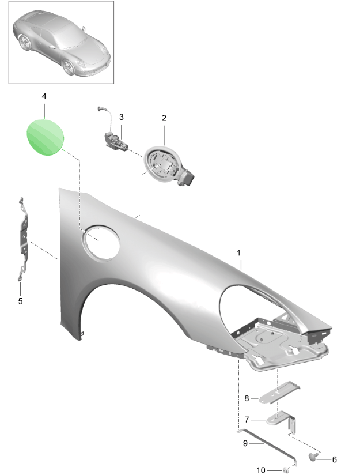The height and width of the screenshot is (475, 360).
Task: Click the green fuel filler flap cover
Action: pos(45,137)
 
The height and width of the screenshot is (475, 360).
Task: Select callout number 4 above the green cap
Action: pos(44,96)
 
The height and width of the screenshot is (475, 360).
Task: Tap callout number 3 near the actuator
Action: pos(122,117)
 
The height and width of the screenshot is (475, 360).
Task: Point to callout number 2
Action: pos(164,118)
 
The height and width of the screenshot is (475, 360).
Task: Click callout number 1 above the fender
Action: pos(238,252)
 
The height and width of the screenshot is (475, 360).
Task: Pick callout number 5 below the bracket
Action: pos(20,301)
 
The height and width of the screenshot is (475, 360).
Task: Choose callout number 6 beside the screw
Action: pos(334,459)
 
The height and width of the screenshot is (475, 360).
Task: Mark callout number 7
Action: pos(247,420)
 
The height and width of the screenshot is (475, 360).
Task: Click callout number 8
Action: pos(247,398)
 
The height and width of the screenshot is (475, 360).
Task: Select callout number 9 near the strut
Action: pos(245,443)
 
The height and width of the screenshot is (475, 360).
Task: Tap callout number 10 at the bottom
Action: pos(261,470)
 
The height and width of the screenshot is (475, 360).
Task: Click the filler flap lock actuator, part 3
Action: pos(115,140)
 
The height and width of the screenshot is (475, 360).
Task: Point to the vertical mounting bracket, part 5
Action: pos(23,239)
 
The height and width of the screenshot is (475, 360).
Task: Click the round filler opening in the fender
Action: pos(101,243)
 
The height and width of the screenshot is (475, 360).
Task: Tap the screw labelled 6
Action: pos(313,456)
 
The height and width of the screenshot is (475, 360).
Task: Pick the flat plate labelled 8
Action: pos(279,393)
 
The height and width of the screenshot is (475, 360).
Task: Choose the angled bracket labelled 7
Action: pos(282,421)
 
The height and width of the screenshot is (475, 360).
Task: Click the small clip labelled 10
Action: pos(285,470)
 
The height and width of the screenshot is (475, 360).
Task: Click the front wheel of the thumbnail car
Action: pos(69,67)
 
